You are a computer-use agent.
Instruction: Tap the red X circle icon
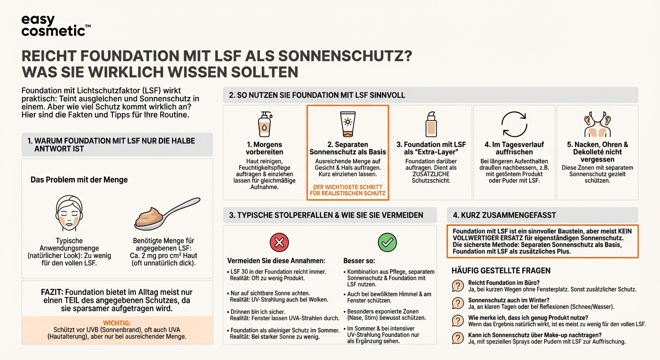coord(279,242)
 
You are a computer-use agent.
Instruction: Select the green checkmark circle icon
coord(387,242)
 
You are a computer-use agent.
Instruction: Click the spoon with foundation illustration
coord(166,214)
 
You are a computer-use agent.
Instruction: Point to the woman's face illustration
coord(69,213)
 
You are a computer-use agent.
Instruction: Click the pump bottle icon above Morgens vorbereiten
coord(264,124)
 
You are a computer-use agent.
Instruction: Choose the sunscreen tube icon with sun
coord(347,124)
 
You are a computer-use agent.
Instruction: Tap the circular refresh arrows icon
coord(514,124)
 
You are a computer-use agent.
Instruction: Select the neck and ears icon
coord(597,124)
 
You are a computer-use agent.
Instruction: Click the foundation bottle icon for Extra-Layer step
coord(431,124)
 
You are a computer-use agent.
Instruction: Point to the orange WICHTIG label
coord(117,323)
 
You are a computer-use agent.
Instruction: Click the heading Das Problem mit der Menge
coord(79,180)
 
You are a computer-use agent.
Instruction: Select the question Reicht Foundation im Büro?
coord(503,283)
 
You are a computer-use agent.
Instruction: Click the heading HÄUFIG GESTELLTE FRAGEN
coord(501,270)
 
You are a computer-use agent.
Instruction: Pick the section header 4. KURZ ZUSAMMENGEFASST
coord(504,215)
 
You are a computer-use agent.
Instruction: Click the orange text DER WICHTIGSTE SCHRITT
coord(347,187)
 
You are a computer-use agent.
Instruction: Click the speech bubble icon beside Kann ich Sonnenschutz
coord(457,338)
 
